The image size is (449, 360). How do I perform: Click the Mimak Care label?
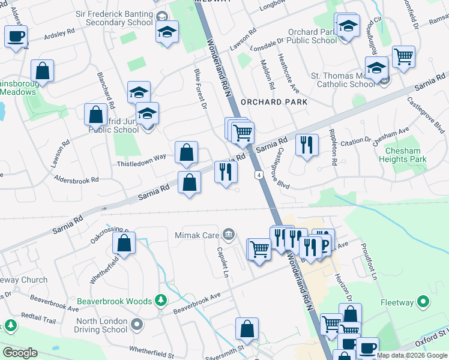click(x=197, y=235)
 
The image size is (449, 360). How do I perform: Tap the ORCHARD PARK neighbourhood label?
click(x=274, y=102)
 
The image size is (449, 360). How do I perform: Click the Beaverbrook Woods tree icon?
click(x=160, y=299)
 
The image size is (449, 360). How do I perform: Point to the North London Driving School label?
click(x=101, y=325)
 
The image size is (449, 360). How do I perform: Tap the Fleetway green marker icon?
click(x=424, y=302)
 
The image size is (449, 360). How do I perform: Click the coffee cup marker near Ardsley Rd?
click(x=16, y=36)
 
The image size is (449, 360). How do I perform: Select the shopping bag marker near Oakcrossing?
click(x=124, y=243)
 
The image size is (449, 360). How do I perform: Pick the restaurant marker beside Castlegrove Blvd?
click(x=307, y=145)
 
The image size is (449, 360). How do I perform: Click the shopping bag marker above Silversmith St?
click(x=247, y=328)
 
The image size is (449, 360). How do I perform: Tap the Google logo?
click(x=20, y=353)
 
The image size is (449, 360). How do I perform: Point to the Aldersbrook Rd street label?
click(x=76, y=180)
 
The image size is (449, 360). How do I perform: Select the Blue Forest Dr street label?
click(x=200, y=88)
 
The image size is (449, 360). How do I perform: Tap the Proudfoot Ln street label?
click(x=368, y=263)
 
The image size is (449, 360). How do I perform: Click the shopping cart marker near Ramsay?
click(x=404, y=57)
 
